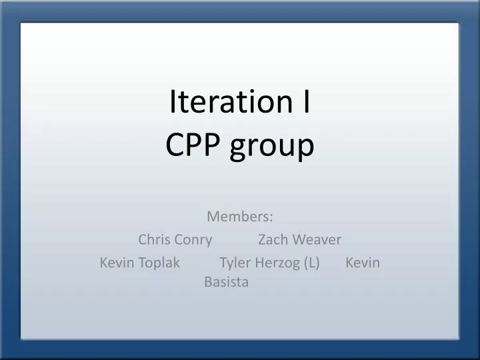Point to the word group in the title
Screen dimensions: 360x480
(x=271, y=147)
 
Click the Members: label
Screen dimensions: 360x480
(x=240, y=217)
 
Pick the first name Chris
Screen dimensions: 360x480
(x=154, y=239)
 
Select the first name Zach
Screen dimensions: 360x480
(x=273, y=239)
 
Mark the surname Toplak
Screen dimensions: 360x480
(x=159, y=263)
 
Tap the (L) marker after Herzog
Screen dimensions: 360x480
(x=311, y=263)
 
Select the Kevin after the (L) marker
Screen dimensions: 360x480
(x=363, y=263)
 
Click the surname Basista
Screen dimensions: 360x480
(x=227, y=282)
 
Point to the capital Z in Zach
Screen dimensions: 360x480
(x=262, y=239)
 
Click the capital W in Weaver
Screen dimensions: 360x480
(x=297, y=239)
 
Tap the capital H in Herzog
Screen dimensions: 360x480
(x=259, y=263)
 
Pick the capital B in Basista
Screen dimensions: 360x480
(x=208, y=282)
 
